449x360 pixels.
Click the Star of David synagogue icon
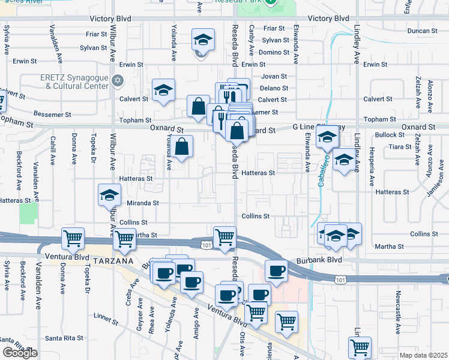click(x=118, y=80)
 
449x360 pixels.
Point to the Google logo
click(x=20, y=353)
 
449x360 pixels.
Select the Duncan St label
click(x=423, y=31)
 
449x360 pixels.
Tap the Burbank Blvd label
click(x=319, y=262)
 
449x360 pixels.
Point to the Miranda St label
click(x=143, y=203)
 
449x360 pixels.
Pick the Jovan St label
click(x=275, y=77)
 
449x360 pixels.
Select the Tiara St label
click(x=399, y=146)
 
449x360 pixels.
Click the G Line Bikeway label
click(x=319, y=127)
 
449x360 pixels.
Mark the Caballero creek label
click(x=322, y=171)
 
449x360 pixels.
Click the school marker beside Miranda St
click(x=110, y=195)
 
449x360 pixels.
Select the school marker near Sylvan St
click(x=203, y=40)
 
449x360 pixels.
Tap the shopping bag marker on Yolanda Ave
click(x=184, y=146)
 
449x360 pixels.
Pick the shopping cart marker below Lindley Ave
click(x=360, y=347)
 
